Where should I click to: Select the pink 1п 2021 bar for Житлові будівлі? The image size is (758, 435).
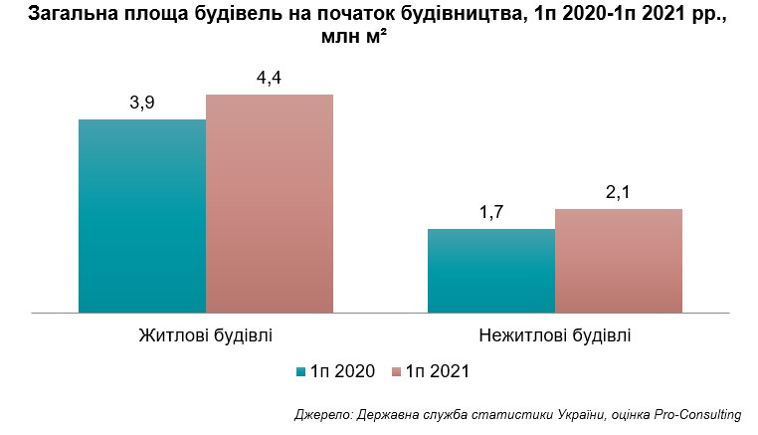(270, 204)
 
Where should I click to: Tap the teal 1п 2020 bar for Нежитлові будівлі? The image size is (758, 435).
(491, 271)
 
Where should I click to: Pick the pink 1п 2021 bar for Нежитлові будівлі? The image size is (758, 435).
(619, 261)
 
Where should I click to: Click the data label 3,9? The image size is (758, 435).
(142, 104)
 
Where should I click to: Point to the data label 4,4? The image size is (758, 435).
(270, 79)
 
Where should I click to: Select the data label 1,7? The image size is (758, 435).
(491, 214)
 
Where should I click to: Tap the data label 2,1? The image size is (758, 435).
(619, 193)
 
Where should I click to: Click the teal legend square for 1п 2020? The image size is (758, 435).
(300, 372)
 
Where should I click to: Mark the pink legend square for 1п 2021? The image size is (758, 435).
(395, 372)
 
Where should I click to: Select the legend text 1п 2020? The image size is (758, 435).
(342, 372)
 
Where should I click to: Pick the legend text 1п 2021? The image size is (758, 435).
(437, 372)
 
